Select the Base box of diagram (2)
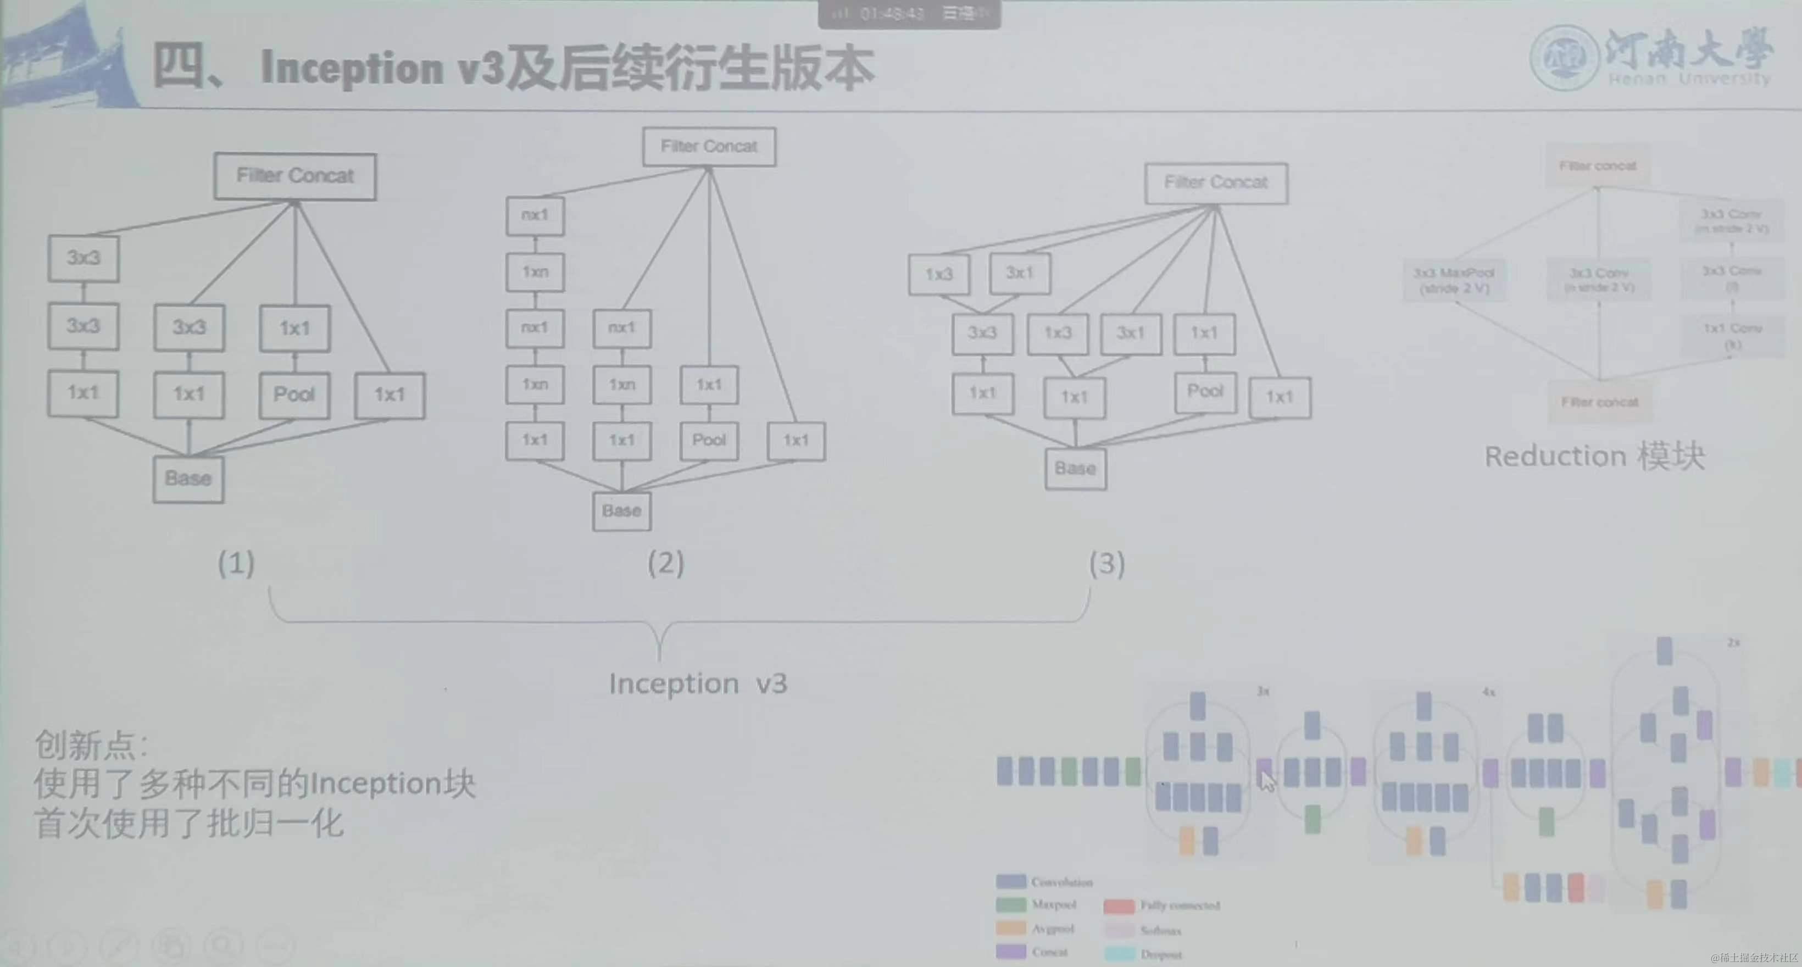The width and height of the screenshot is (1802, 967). point(621,512)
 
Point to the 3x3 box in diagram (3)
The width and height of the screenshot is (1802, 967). point(982,333)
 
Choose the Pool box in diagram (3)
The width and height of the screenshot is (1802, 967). point(1205,392)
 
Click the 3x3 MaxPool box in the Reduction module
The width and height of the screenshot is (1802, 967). point(1454,280)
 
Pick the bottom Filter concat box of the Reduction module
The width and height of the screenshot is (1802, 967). point(1600,402)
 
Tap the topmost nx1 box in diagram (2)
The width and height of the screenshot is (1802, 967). point(535,215)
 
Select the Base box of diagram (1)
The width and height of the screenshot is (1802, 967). point(188,479)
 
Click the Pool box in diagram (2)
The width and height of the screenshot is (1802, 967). point(709,441)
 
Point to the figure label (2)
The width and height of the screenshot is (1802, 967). point(665,563)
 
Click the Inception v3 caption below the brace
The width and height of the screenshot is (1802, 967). point(697,683)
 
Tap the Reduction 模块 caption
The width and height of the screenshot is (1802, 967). point(1594,456)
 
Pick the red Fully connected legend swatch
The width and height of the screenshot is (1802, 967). point(1118,906)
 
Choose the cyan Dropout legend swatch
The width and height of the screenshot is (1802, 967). point(1119,953)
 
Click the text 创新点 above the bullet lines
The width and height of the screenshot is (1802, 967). point(90,745)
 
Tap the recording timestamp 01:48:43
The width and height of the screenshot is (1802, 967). point(892,14)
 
